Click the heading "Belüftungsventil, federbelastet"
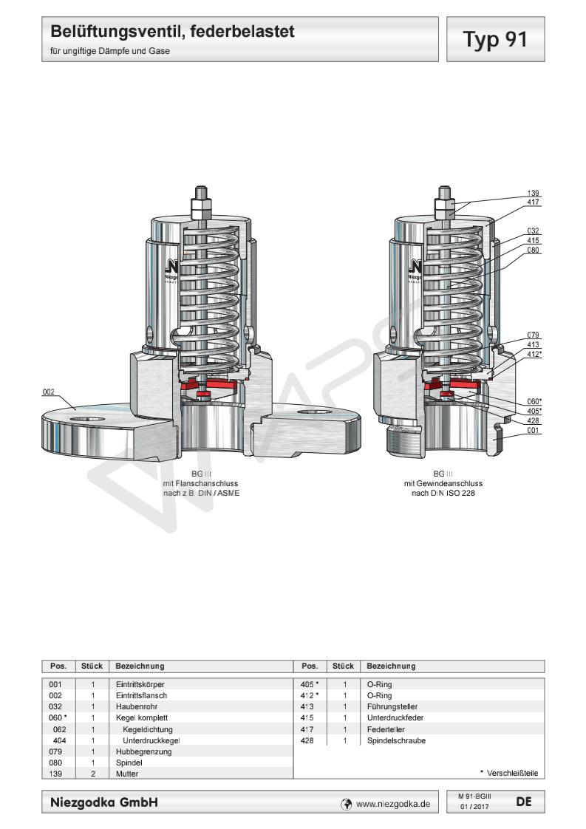tap(172, 32)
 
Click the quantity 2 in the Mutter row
tap(93, 773)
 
